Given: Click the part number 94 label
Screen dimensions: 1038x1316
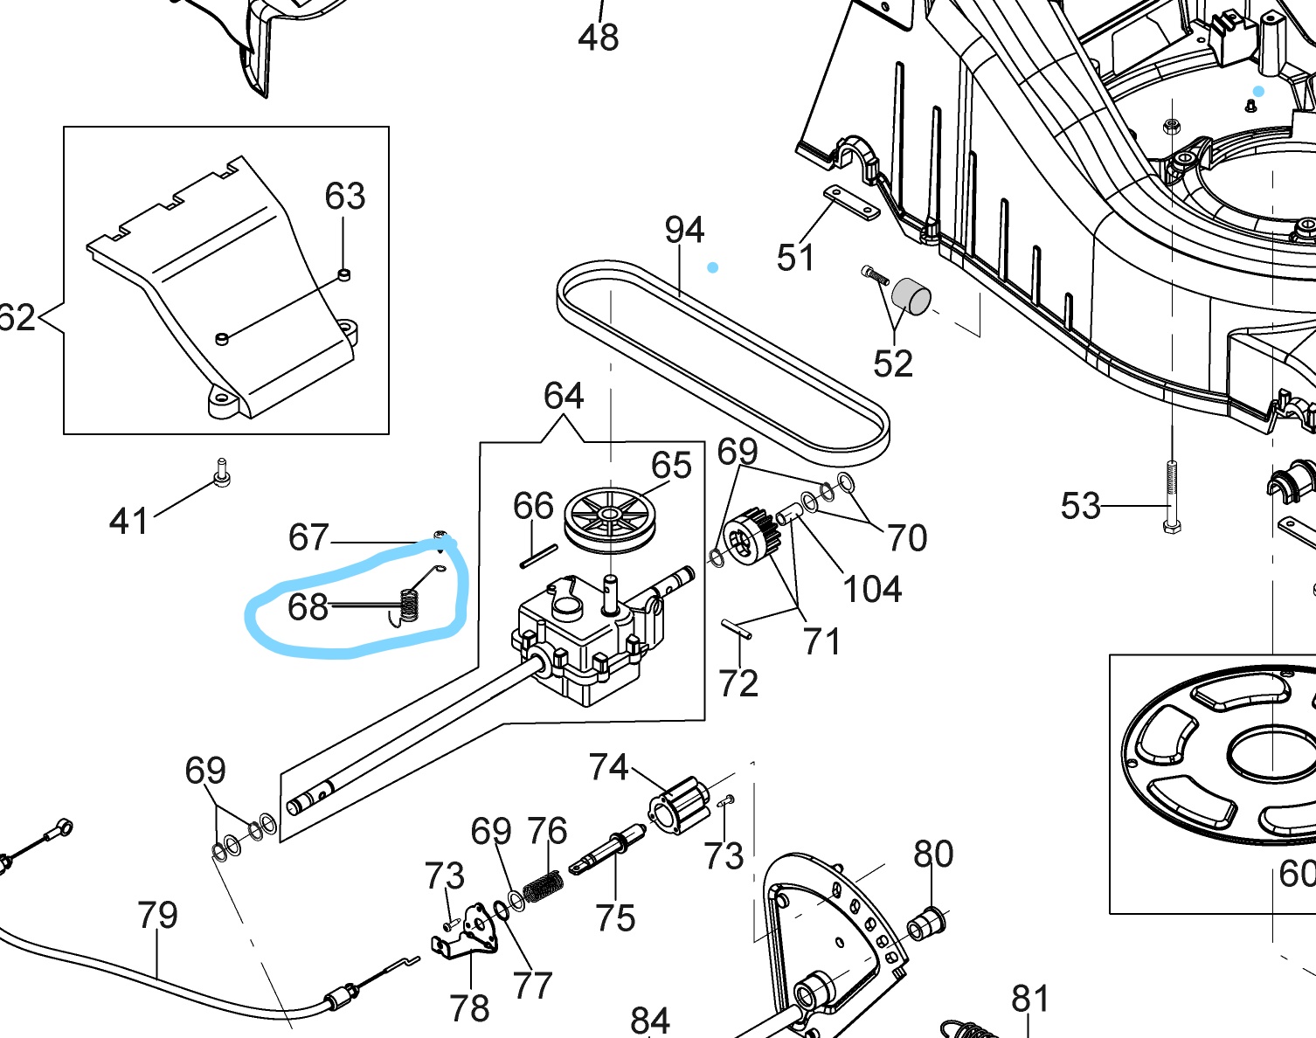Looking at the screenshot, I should [x=684, y=230].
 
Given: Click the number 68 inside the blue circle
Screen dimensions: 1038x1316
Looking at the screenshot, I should [x=308, y=606].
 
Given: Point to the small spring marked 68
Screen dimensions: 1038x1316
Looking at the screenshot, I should [x=408, y=604].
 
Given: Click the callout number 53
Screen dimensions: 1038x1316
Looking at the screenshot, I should [x=1080, y=506].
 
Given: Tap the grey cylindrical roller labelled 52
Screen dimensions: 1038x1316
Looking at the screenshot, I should [x=911, y=294].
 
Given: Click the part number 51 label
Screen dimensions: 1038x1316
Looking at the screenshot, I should [x=795, y=258].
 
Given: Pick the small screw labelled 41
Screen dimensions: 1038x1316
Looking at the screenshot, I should [x=222, y=473].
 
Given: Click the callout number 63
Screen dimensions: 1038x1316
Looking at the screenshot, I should [x=344, y=197].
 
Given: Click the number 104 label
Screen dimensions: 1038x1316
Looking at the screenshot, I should [x=872, y=589].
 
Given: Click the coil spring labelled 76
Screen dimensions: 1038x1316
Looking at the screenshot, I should [x=543, y=886].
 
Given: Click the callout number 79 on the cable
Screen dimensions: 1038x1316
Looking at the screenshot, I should [x=157, y=915].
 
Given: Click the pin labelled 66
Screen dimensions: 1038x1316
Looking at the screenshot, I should [x=539, y=557].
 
